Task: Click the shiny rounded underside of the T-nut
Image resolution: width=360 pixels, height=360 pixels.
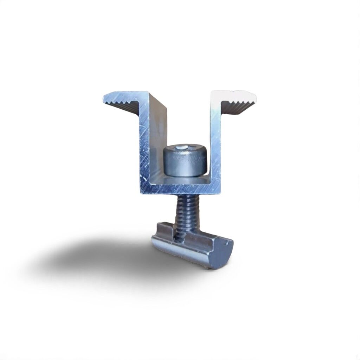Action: [183, 255]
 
